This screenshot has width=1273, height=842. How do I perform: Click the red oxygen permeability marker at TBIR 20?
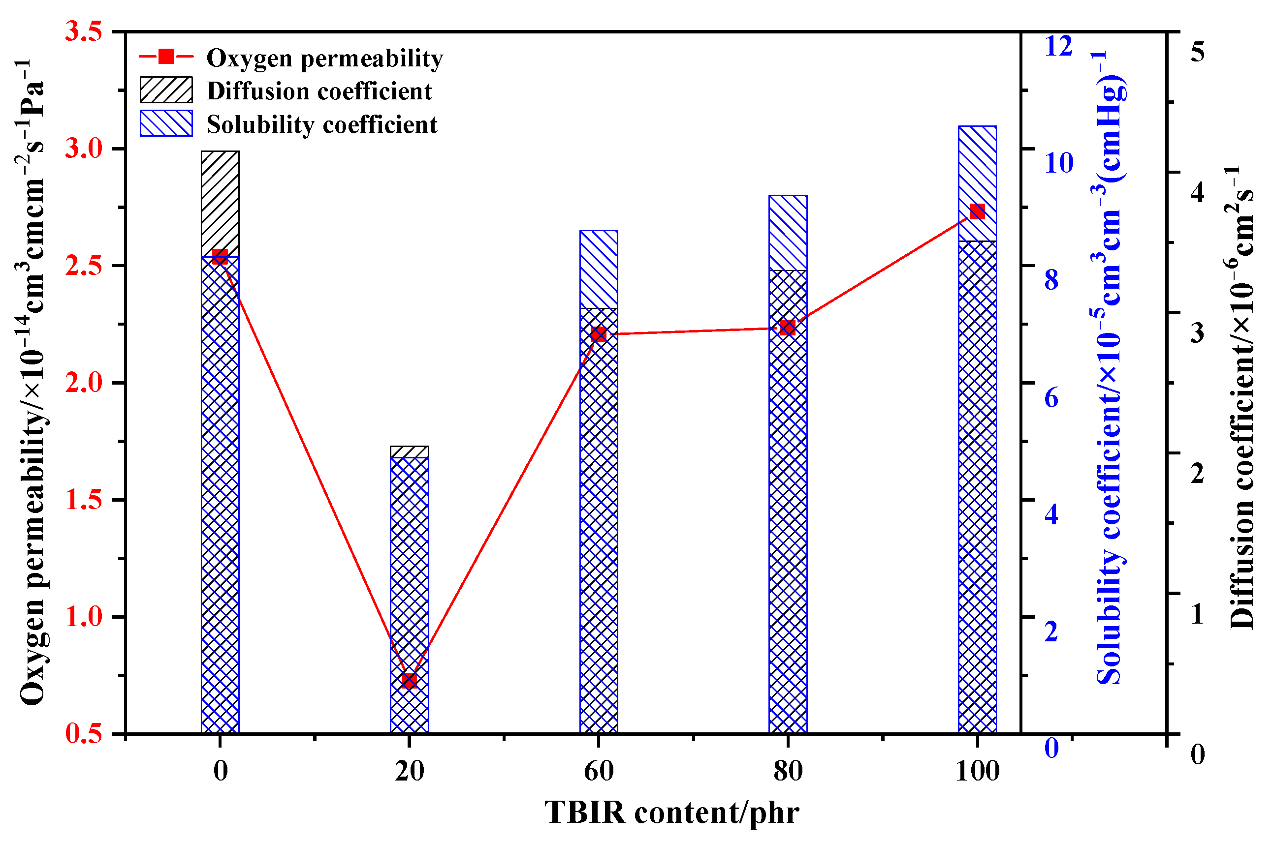pyautogui.click(x=409, y=680)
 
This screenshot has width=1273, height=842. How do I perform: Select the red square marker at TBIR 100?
pyautogui.click(x=977, y=211)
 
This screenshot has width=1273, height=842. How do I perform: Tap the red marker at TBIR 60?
pyautogui.click(x=599, y=334)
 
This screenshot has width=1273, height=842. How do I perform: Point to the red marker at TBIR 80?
pyautogui.click(x=787, y=328)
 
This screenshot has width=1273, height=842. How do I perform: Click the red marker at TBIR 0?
pyautogui.click(x=220, y=256)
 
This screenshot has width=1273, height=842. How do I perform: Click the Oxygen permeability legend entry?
pyautogui.click(x=324, y=58)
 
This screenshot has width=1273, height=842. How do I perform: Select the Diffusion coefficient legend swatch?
pyautogui.click(x=166, y=90)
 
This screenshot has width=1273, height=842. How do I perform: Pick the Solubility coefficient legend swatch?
pyautogui.click(x=166, y=123)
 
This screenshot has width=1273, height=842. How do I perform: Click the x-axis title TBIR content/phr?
pyautogui.click(x=671, y=812)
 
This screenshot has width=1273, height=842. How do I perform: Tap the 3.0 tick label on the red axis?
pyautogui.click(x=83, y=149)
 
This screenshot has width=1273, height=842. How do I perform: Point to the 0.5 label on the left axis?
pyautogui.click(x=83, y=733)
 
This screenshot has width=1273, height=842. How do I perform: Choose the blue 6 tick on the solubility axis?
pyautogui.click(x=1051, y=398)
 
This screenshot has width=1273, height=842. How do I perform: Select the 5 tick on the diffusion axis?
pyautogui.click(x=1197, y=52)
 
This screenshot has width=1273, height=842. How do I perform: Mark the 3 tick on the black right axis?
pyautogui.click(x=1197, y=333)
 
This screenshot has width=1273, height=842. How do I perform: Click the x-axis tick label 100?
pyautogui.click(x=978, y=771)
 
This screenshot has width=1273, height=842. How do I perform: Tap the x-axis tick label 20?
pyautogui.click(x=410, y=771)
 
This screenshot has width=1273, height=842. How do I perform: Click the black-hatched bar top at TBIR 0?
pyautogui.click(x=220, y=152)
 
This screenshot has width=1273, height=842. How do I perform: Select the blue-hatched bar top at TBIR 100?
pyautogui.click(x=977, y=128)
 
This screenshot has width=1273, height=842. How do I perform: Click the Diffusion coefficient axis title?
pyautogui.click(x=1241, y=397)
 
